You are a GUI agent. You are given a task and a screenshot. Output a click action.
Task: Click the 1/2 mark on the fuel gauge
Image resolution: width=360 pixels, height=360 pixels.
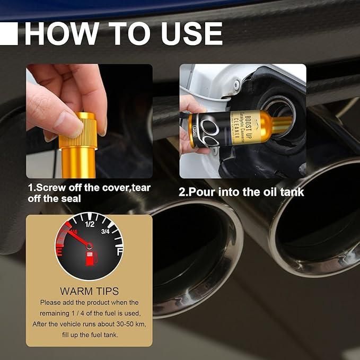(90, 224)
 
